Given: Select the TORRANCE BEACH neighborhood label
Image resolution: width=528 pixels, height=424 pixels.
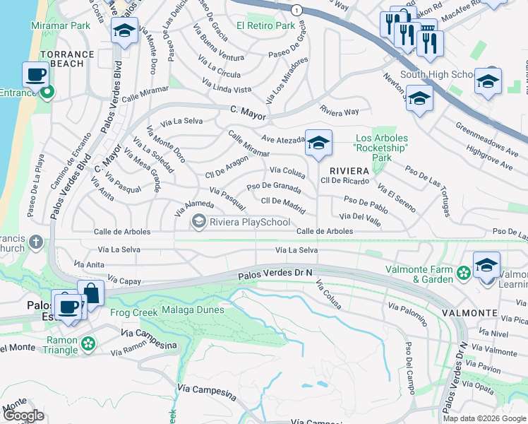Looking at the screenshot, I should click(x=67, y=59).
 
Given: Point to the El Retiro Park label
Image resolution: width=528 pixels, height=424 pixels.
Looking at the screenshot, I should click(x=265, y=25).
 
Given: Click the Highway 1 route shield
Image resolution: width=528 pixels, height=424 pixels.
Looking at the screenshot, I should click(x=297, y=10).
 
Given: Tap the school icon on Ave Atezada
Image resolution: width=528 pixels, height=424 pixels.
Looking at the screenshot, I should click(x=318, y=143).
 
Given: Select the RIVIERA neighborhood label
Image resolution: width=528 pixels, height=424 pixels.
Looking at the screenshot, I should click(x=349, y=171).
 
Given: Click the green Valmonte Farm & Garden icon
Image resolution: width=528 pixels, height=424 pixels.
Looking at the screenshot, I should click(x=464, y=272).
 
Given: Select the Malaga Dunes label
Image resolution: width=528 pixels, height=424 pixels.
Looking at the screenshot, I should click(x=193, y=310).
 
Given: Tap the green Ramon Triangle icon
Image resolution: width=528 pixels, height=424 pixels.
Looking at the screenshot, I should click(x=88, y=343).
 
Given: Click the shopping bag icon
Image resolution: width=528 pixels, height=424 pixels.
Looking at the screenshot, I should click(x=91, y=292).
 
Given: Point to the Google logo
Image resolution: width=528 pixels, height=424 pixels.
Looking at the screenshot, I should click(x=23, y=416).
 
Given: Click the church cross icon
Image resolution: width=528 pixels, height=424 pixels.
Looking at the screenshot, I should click(x=36, y=244).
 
